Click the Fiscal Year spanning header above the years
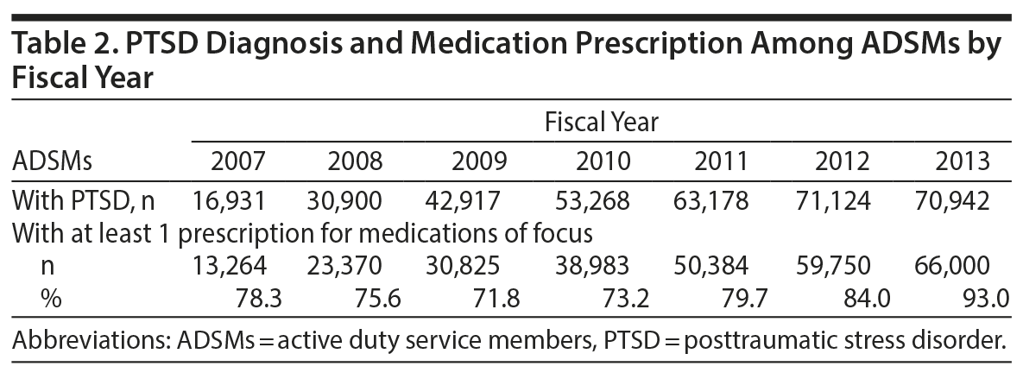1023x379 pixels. [601, 123]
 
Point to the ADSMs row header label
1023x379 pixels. [53, 161]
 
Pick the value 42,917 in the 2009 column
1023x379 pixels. [464, 201]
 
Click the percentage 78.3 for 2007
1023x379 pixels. [260, 300]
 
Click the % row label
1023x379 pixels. [49, 300]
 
